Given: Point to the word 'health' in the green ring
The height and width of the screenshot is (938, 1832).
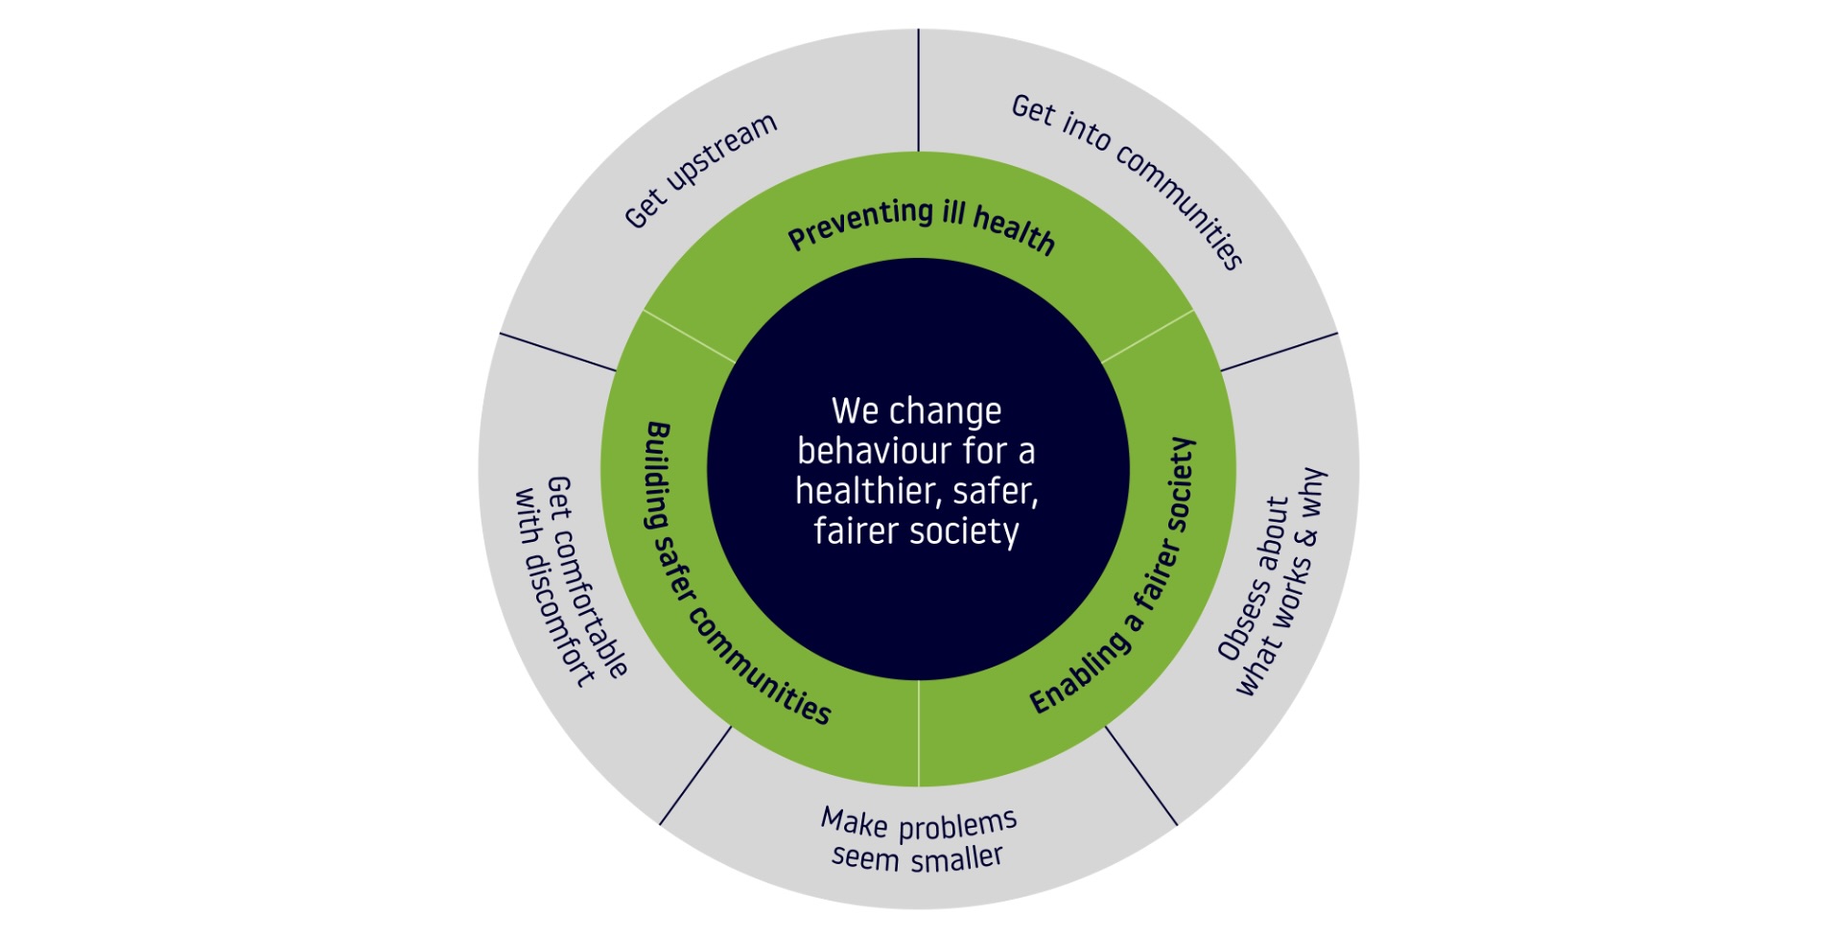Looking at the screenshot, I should point(1014,231).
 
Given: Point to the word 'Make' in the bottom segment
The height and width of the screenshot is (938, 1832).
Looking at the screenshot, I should point(854,822).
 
